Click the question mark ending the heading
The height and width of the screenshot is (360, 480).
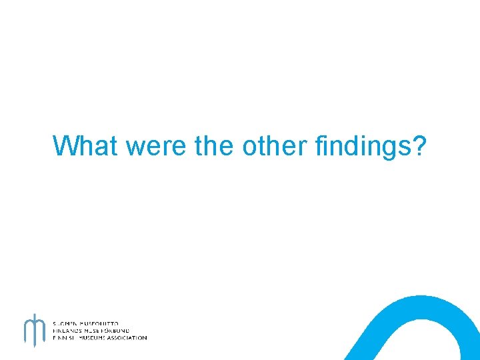pos(418,145)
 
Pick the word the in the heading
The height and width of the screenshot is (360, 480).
pos(215,146)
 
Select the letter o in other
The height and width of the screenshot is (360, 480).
pos(249,147)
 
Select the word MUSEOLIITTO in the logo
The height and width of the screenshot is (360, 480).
pos(101,323)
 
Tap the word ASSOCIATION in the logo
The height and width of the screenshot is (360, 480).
pos(129,338)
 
